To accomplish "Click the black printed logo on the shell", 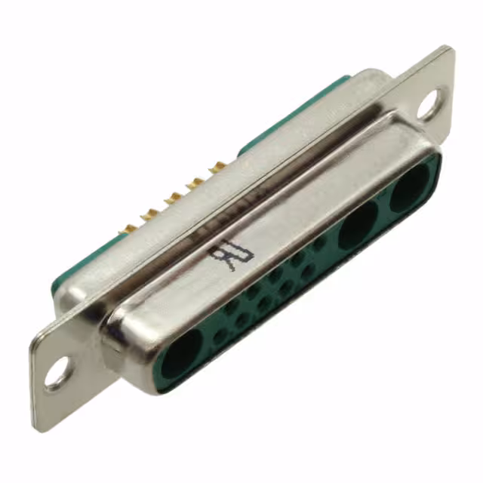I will click(231, 256).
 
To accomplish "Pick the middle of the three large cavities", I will click(358, 225).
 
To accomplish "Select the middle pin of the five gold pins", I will click(174, 198).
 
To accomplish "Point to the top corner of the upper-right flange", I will click(451, 49).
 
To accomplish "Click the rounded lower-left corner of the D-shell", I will click(113, 355).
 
